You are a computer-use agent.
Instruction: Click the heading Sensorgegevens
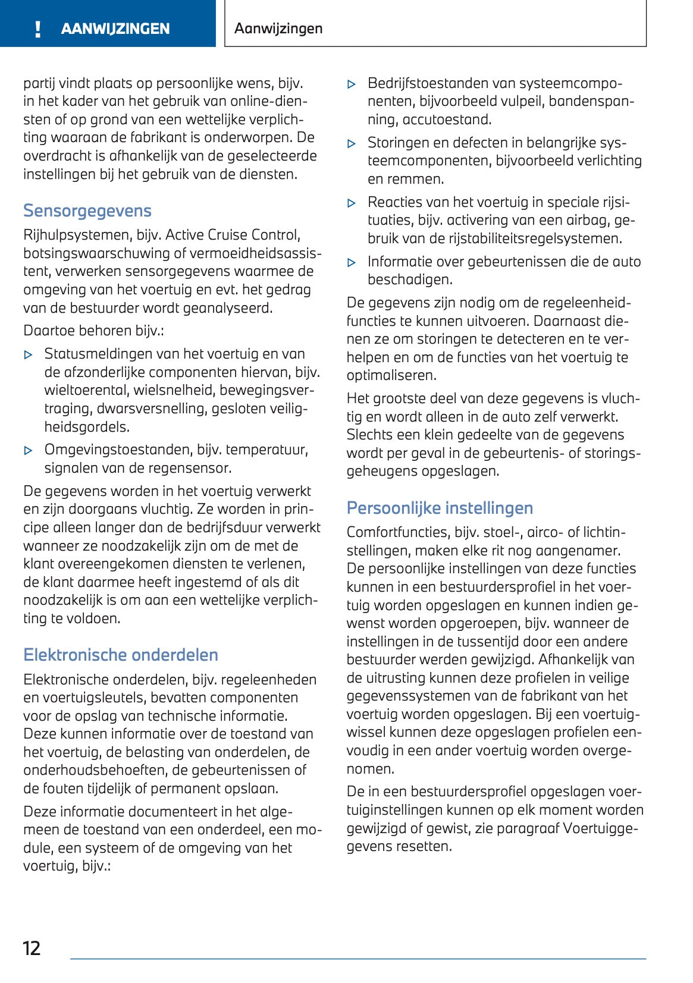click(87, 211)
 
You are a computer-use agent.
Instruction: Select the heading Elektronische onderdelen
click(120, 655)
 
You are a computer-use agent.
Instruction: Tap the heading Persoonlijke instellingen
click(439, 508)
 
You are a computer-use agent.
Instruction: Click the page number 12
click(31, 948)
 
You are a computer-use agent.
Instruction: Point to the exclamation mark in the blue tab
click(38, 29)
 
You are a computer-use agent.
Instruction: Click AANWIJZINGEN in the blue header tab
click(115, 29)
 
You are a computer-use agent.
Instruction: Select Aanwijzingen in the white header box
click(278, 29)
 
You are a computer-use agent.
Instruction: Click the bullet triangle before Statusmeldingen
click(28, 355)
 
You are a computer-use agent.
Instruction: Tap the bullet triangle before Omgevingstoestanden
click(28, 451)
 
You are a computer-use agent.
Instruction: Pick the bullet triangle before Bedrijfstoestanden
click(352, 84)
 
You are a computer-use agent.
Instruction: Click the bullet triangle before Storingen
click(352, 144)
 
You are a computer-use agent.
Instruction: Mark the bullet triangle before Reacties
click(352, 203)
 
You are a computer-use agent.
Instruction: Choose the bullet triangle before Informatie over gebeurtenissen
click(352, 262)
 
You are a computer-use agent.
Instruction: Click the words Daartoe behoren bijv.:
click(93, 331)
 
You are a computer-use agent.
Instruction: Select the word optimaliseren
click(391, 375)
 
